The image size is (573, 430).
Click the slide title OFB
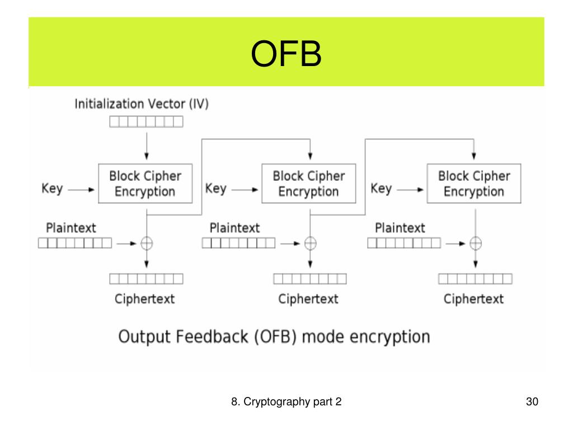286,54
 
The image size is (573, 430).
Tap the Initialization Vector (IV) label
142,104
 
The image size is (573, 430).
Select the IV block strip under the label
146,121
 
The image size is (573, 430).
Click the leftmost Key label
52,189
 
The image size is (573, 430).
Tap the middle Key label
216,189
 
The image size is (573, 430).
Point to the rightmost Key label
381,189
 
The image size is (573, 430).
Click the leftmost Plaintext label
71,228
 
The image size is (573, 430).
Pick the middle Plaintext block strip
238,243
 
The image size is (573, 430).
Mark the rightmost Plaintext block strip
404,243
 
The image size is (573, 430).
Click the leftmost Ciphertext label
145,299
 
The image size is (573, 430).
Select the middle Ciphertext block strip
310,279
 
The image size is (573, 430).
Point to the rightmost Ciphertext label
473,299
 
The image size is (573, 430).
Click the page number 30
532,401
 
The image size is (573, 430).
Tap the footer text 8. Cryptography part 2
286,402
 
